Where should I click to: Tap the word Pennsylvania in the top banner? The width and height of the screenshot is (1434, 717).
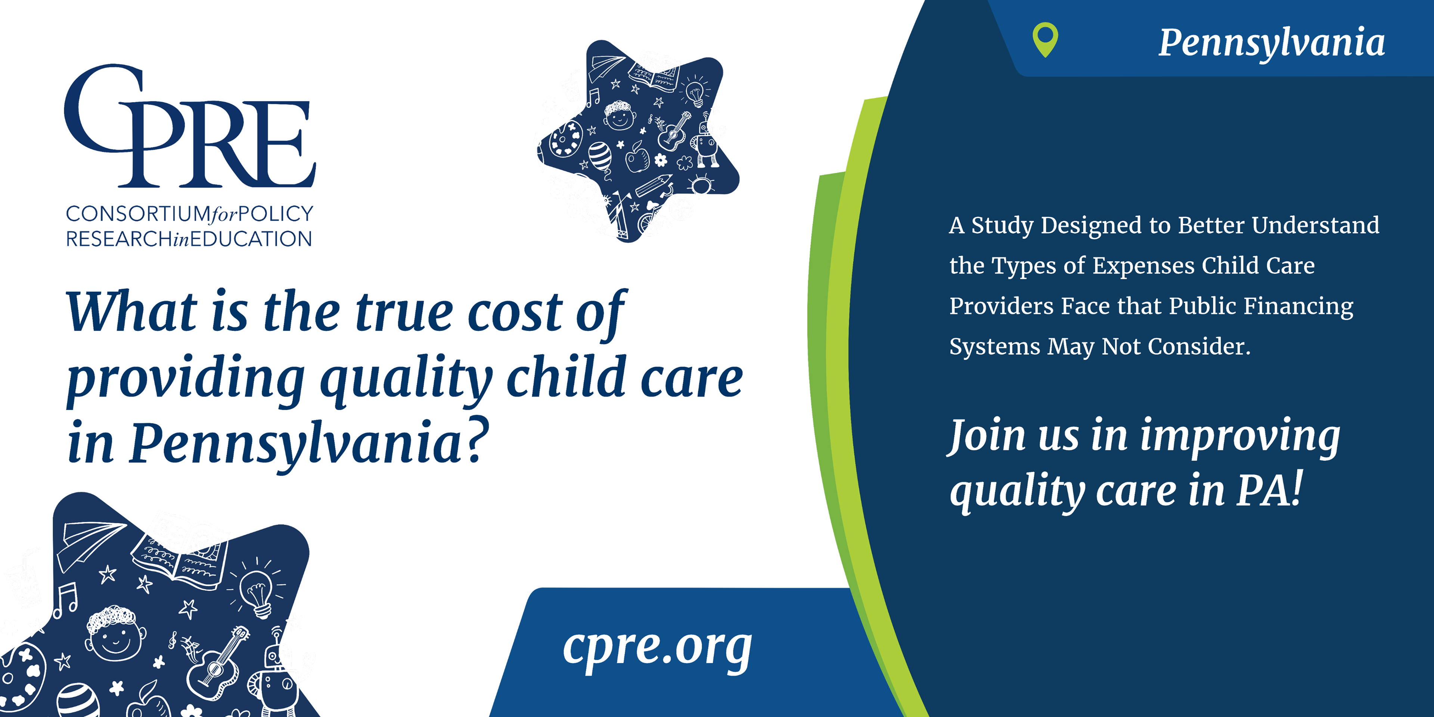coord(1272,43)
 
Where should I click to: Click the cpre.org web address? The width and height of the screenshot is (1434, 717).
coord(657,648)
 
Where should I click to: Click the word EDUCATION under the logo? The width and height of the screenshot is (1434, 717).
coord(251,239)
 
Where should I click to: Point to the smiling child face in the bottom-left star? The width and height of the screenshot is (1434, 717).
coord(115,634)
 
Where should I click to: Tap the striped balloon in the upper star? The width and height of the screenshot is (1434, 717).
coord(600,156)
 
